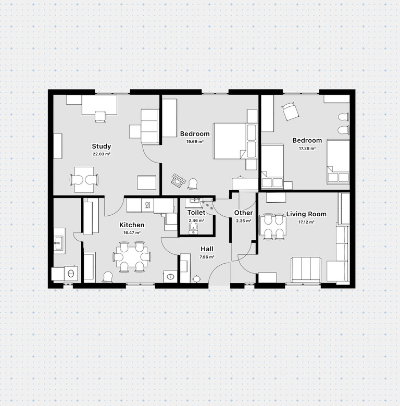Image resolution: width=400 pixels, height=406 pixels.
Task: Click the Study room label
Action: tap(102, 146)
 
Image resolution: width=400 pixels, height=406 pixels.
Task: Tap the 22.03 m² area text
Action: tap(102, 154)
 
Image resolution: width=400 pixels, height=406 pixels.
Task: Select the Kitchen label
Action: tap(132, 225)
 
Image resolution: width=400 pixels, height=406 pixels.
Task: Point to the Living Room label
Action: tap(306, 214)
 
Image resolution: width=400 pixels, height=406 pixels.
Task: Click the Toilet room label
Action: tap(196, 213)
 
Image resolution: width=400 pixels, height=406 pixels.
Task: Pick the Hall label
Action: tap(207, 249)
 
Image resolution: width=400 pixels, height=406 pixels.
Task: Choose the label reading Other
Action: tap(243, 213)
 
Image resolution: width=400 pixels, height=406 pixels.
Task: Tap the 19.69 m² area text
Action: tap(195, 142)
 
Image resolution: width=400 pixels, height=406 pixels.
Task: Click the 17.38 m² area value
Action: tap(307, 149)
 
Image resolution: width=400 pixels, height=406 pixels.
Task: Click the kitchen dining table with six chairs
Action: tap(132, 256)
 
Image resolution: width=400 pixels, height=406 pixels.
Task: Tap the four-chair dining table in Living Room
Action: tap(274, 227)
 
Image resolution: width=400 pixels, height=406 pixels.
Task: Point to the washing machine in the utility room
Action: tap(70, 274)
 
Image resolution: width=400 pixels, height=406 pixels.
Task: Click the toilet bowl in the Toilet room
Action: tap(193, 228)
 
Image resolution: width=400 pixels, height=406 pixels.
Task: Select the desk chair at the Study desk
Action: tap(100, 117)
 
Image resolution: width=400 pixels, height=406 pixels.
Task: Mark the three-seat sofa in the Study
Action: tap(149, 126)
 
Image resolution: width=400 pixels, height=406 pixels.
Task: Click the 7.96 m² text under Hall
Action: tap(207, 257)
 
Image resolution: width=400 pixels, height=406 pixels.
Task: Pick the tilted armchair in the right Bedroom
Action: tap(290, 112)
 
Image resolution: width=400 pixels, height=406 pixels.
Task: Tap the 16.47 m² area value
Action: tap(132, 232)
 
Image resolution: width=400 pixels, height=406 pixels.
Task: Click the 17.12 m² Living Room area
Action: tap(306, 222)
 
